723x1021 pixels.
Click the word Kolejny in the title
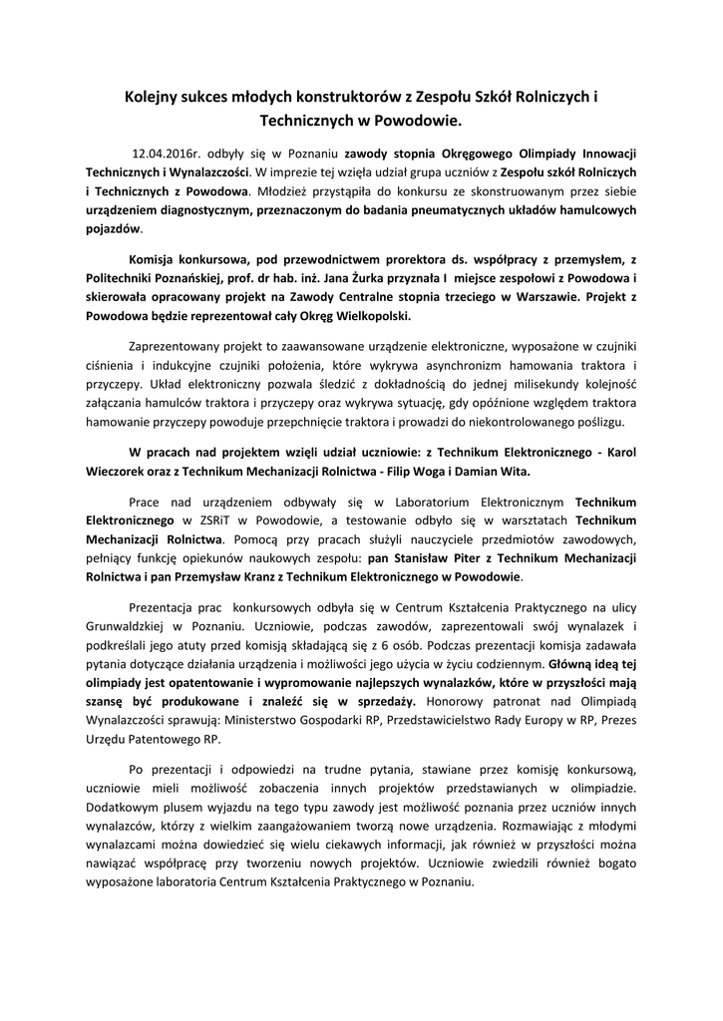153,98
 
